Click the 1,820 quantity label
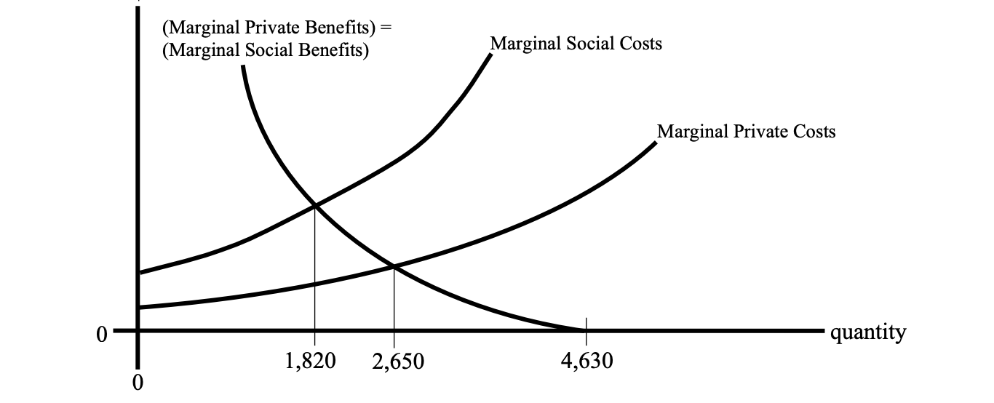click(314, 361)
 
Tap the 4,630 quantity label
click(587, 361)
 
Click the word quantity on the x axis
click(868, 333)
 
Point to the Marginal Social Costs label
click(576, 44)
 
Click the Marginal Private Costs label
click(746, 132)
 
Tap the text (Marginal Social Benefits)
click(266, 50)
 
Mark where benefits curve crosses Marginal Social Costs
click(315, 206)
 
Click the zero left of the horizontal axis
click(101, 334)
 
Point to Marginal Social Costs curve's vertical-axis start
click(138, 273)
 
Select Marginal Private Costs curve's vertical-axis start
click(138, 308)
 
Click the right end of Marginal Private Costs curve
click(654, 143)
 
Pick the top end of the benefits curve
click(242, 67)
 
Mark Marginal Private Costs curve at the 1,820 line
click(315, 284)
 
